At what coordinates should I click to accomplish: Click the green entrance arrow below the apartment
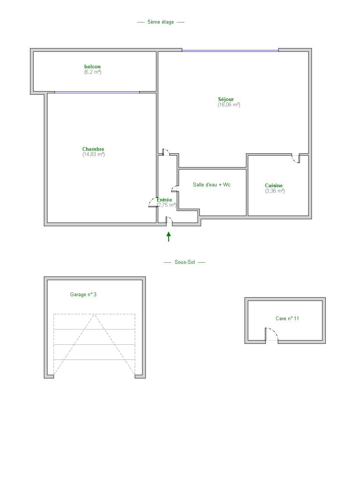169,237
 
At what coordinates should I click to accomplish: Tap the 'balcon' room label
92,66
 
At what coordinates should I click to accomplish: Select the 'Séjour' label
226,100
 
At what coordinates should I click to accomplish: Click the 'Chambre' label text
93,149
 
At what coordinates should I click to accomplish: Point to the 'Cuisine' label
274,185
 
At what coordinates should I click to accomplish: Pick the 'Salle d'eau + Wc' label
212,185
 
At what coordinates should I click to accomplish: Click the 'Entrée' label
164,200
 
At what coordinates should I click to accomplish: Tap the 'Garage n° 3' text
83,295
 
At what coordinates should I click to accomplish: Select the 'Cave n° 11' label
287,318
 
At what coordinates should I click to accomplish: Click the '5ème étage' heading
161,22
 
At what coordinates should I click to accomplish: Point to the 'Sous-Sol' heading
185,262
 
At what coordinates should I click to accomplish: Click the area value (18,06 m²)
229,104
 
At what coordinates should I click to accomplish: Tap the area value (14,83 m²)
93,154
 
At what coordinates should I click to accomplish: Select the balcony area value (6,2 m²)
93,72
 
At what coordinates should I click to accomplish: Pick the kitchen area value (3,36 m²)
275,191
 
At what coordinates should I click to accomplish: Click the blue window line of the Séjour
230,51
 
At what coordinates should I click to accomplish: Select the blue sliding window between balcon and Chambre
97,92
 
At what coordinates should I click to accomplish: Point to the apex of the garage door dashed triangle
94,314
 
